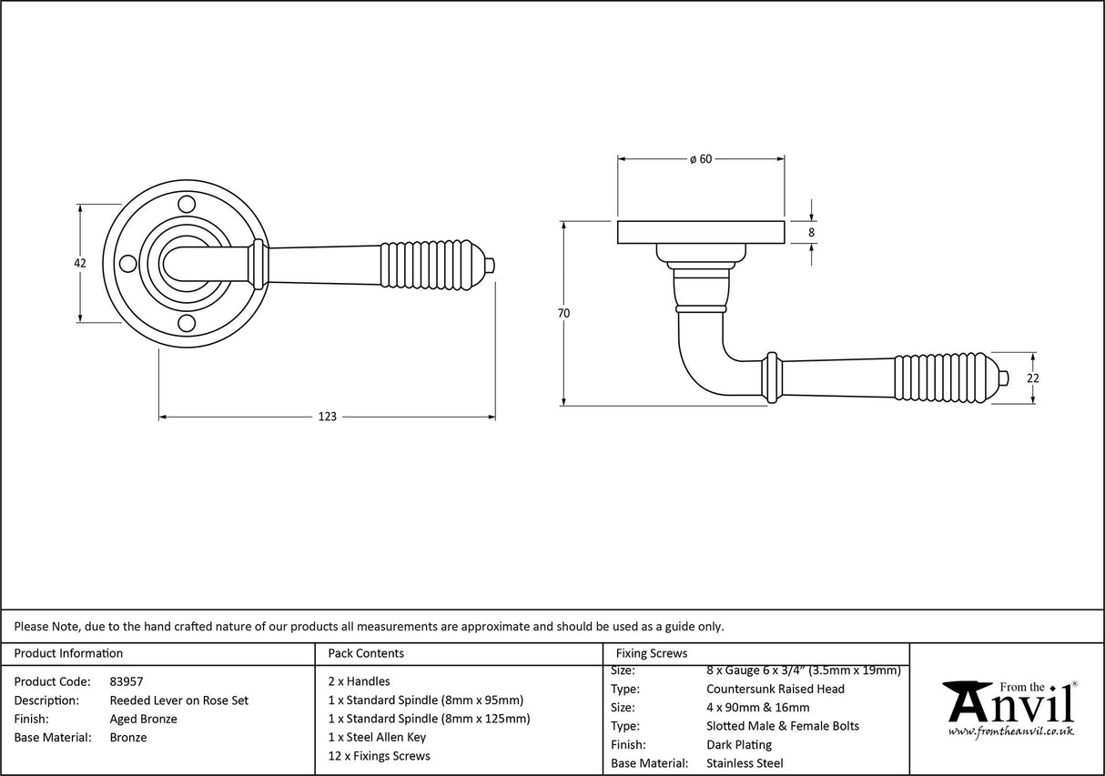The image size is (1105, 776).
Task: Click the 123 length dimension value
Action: [327, 417]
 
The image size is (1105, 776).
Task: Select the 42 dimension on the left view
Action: [79, 263]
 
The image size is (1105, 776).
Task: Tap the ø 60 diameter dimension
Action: [700, 159]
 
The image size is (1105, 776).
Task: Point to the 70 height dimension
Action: [563, 313]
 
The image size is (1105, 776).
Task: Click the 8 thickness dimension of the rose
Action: [811, 233]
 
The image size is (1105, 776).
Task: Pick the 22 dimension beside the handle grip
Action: [1033, 378]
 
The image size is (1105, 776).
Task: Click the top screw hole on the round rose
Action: [187, 203]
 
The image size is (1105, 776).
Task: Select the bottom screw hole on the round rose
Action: [187, 323]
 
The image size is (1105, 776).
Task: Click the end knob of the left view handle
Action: [490, 265]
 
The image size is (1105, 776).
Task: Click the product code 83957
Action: [126, 681]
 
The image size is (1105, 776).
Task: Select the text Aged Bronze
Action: [143, 719]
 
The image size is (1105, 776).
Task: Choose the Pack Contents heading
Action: [366, 653]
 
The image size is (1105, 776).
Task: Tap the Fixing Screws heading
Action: [652, 653]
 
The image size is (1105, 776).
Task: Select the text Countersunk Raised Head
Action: [775, 689]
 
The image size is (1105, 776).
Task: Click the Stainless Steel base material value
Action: [744, 763]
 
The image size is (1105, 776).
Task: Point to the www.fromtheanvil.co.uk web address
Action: [1010, 731]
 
